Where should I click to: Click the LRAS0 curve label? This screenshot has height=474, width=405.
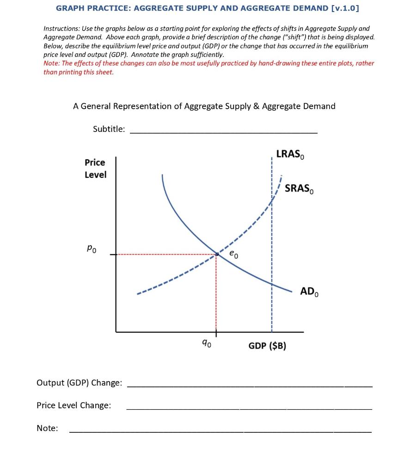pos(290,155)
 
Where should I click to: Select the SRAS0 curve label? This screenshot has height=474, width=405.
pos(299,189)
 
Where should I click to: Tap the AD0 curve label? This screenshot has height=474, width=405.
pos(309,292)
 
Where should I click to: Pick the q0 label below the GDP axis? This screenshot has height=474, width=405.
pos(208,343)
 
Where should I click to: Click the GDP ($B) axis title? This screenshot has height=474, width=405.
pos(267,346)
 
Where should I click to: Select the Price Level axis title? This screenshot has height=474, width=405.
pos(95,168)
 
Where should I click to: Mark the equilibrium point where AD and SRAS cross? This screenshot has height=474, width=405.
pos(216,254)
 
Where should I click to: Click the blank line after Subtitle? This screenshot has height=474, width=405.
pos(223,132)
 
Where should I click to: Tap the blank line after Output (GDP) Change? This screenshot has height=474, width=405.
pos(249,386)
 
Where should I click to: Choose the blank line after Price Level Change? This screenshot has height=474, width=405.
pos(249,409)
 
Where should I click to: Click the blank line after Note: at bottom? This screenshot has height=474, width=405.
pos(220,431)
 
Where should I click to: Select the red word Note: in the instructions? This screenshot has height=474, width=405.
pos(52,63)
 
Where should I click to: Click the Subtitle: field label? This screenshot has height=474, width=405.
pos(109,129)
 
